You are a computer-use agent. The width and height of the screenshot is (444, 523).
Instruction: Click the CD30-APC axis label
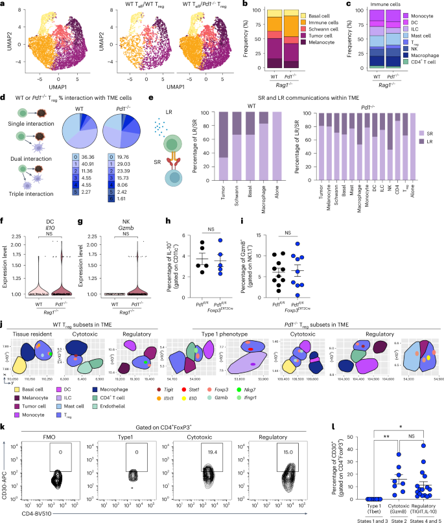[8, 450]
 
